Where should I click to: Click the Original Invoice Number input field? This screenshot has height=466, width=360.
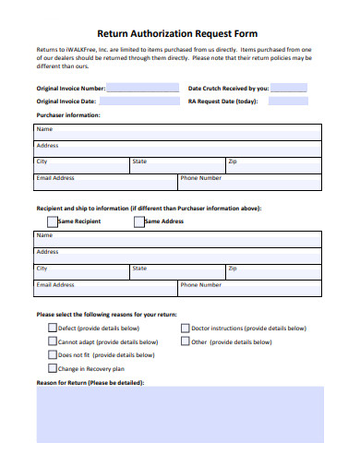click(x=143, y=89)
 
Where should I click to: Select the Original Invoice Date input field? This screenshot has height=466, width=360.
click(x=143, y=102)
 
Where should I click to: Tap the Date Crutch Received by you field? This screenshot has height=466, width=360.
click(x=289, y=89)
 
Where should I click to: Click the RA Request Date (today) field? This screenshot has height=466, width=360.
click(x=289, y=102)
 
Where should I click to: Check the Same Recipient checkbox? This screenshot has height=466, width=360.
click(x=53, y=221)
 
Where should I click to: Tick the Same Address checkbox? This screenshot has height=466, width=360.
click(x=139, y=221)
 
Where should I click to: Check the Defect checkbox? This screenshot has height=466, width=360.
click(x=52, y=328)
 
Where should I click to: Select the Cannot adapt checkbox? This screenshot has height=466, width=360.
click(x=52, y=341)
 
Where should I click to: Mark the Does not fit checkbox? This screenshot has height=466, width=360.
click(x=52, y=354)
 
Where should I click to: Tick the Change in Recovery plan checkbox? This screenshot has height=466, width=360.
click(x=52, y=368)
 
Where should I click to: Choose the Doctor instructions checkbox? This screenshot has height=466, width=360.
click(x=185, y=328)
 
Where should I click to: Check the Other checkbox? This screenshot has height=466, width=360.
click(x=185, y=341)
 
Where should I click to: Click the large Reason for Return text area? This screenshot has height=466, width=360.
click(x=180, y=413)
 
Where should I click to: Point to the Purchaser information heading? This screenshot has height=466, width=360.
click(x=67, y=115)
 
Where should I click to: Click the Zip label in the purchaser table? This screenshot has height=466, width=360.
click(x=233, y=161)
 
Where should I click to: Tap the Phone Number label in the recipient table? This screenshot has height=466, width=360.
click(x=200, y=285)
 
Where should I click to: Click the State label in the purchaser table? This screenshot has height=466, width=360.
click(x=139, y=161)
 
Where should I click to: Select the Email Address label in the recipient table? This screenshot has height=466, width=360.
click(x=55, y=285)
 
